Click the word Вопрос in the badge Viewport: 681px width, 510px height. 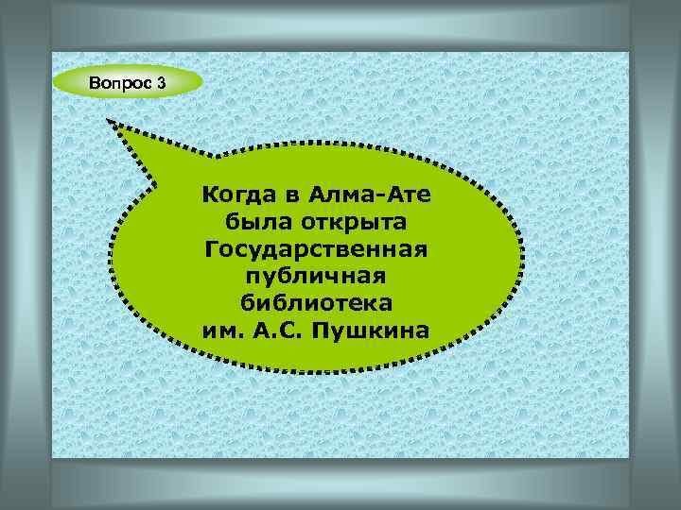[118, 83]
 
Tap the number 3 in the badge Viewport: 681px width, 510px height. [161, 83]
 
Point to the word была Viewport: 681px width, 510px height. [253, 224]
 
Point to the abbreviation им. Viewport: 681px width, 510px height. [220, 331]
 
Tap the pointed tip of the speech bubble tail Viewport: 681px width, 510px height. [109, 121]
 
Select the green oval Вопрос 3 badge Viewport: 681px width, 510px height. [128, 83]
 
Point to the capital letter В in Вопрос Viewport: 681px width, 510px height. [94, 83]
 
